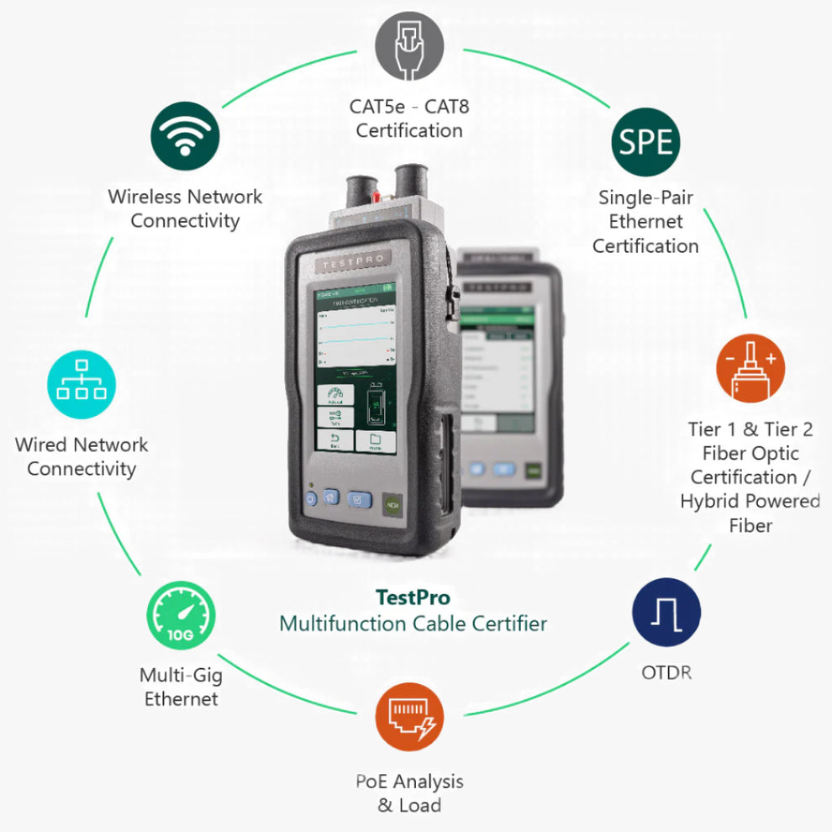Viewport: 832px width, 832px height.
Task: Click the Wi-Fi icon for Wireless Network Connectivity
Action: click(185, 137)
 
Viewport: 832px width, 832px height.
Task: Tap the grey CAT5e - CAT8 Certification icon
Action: click(408, 48)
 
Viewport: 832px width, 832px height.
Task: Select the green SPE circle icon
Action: click(645, 141)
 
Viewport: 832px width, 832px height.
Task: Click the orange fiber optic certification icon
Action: click(750, 368)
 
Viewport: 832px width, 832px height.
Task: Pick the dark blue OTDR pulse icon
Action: click(666, 611)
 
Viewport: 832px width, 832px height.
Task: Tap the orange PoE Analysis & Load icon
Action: click(408, 717)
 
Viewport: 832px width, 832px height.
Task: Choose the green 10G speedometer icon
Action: click(181, 616)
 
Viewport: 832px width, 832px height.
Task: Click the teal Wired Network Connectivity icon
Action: click(82, 387)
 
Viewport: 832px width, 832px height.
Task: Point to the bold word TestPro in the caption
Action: click(412, 598)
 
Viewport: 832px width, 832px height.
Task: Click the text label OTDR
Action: click(666, 672)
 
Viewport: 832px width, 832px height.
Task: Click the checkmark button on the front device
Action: click(360, 501)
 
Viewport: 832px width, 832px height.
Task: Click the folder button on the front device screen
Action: click(376, 441)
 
